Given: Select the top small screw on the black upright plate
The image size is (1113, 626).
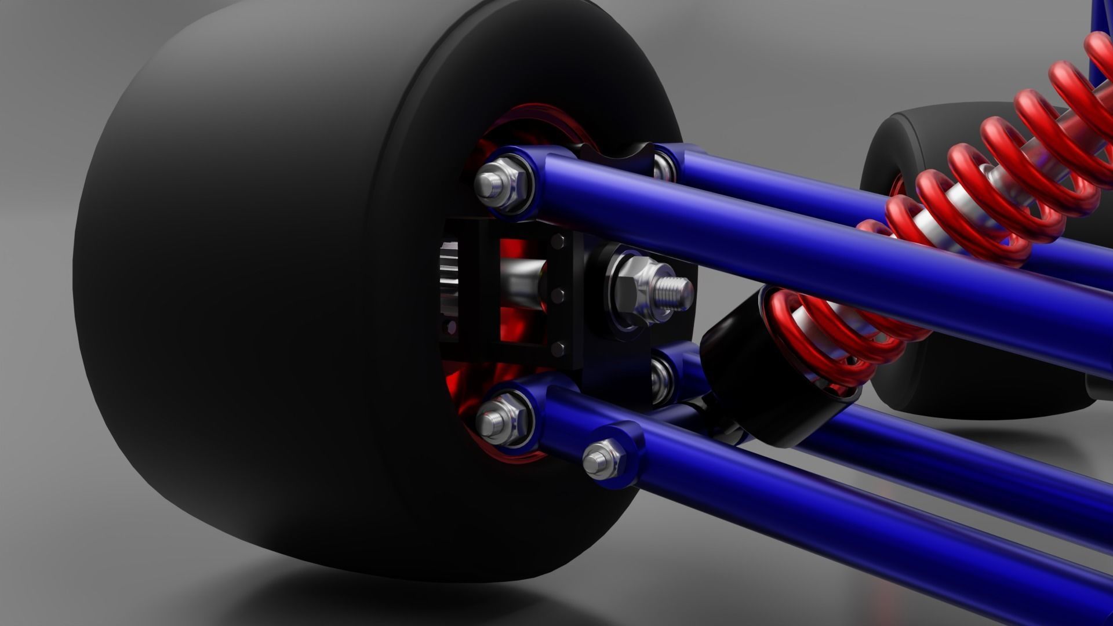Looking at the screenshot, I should tap(561, 240).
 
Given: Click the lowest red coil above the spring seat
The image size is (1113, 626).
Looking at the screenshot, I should tap(812, 348).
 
